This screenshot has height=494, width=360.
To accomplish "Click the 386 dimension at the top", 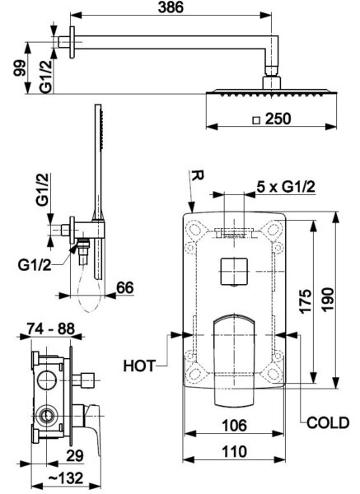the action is [x=171, y=7].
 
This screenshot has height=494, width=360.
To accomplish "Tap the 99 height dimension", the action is [x=20, y=68].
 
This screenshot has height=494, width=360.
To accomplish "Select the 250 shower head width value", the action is [x=278, y=119].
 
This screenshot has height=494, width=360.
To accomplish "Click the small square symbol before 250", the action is [x=257, y=120].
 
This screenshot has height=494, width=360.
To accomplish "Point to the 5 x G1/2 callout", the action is [x=286, y=187].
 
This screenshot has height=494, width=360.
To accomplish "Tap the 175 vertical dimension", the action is [x=306, y=301].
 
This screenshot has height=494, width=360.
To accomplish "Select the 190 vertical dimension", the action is [x=328, y=300].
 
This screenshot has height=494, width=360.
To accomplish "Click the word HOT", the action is [x=139, y=366].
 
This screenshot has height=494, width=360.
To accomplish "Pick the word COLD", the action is [x=328, y=423].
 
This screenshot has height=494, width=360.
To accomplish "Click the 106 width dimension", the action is [x=235, y=426].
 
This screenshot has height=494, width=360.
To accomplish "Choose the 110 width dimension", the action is [x=235, y=451].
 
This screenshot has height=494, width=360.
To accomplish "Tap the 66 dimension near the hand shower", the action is [x=125, y=287].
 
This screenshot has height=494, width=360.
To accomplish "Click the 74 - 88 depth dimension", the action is [x=51, y=329].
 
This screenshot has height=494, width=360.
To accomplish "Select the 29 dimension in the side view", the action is [x=75, y=455].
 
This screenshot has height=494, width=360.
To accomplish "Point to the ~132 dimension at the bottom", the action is [x=66, y=478].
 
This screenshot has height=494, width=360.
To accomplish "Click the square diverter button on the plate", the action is [x=234, y=272].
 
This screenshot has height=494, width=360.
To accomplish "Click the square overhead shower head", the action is [x=271, y=92].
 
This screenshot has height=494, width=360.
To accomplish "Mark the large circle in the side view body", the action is [x=47, y=380].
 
